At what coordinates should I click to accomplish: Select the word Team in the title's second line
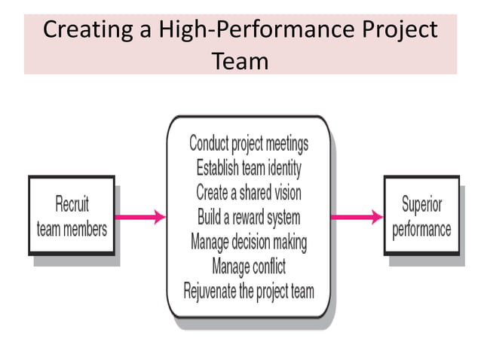click(240, 59)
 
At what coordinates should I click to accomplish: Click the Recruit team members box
click(72, 216)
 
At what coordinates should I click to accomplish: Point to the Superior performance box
click(421, 216)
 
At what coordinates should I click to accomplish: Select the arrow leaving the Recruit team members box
click(139, 217)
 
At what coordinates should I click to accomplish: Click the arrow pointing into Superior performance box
click(357, 217)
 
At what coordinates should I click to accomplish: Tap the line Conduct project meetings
click(249, 143)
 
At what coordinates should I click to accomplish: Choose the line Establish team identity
click(249, 167)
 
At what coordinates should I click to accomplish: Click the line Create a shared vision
click(249, 192)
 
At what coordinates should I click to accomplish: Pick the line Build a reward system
click(249, 217)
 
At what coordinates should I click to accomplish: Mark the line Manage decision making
click(249, 242)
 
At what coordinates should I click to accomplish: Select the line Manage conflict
click(249, 266)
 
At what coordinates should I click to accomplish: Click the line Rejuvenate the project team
click(249, 291)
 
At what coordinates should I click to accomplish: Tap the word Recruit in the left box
click(72, 204)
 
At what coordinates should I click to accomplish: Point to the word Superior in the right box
click(422, 204)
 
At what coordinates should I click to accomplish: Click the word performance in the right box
click(421, 228)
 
